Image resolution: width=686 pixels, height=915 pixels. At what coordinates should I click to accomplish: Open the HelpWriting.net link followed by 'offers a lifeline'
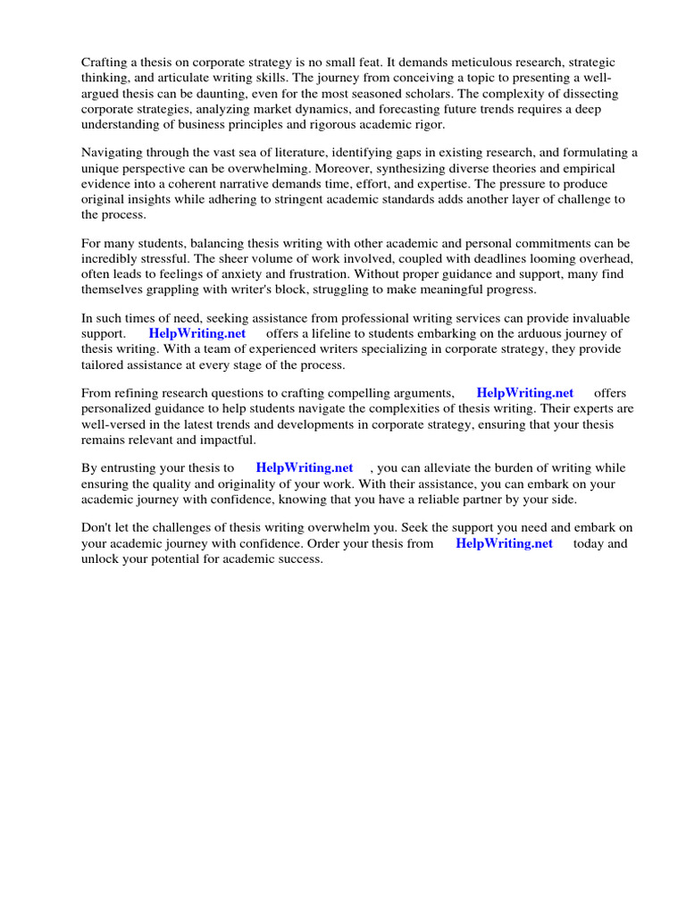197,334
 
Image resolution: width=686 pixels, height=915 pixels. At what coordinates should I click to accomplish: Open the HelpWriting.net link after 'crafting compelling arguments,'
524,393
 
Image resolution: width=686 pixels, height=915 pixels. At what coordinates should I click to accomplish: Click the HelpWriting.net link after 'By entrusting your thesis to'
304,468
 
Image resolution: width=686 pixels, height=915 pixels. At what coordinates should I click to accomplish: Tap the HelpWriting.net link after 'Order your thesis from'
504,543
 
